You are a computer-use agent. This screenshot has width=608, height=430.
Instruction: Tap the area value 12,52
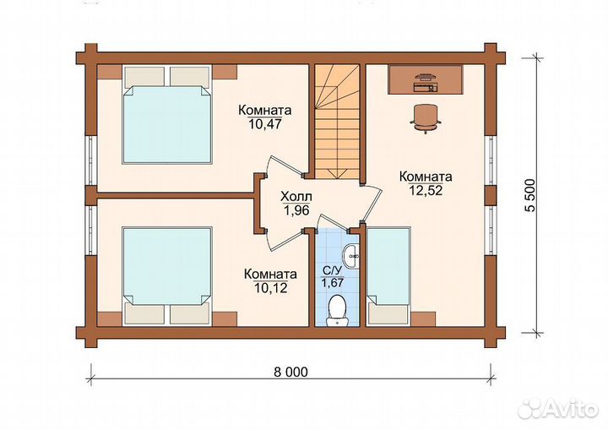(426, 190)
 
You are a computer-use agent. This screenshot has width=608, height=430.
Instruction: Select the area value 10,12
(271, 288)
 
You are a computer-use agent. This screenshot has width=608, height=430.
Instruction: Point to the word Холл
(296, 197)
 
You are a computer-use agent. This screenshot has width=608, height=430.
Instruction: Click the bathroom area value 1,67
(333, 282)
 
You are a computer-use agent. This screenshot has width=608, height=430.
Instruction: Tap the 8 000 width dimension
(290, 372)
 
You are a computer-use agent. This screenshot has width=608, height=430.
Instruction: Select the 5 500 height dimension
(530, 195)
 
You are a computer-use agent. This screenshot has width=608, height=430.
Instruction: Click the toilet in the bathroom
(337, 311)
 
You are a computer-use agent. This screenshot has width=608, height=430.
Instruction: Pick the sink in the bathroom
(351, 257)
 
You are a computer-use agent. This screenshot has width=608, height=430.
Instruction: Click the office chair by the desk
(426, 117)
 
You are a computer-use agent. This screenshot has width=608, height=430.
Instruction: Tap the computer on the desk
(425, 82)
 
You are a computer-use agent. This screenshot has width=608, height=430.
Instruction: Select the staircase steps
(337, 121)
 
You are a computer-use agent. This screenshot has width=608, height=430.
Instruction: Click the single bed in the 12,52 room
(388, 276)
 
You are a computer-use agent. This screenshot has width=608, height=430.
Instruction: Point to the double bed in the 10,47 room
(167, 115)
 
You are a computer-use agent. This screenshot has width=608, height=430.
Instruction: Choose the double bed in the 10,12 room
(167, 276)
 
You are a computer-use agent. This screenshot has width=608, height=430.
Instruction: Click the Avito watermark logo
(559, 408)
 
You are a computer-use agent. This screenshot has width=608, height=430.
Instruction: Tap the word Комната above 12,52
(426, 177)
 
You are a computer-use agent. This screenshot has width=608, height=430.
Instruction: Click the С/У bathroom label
(333, 270)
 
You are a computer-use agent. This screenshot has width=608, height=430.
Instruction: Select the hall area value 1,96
(296, 210)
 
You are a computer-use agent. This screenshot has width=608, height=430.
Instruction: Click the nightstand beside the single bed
(423, 318)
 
